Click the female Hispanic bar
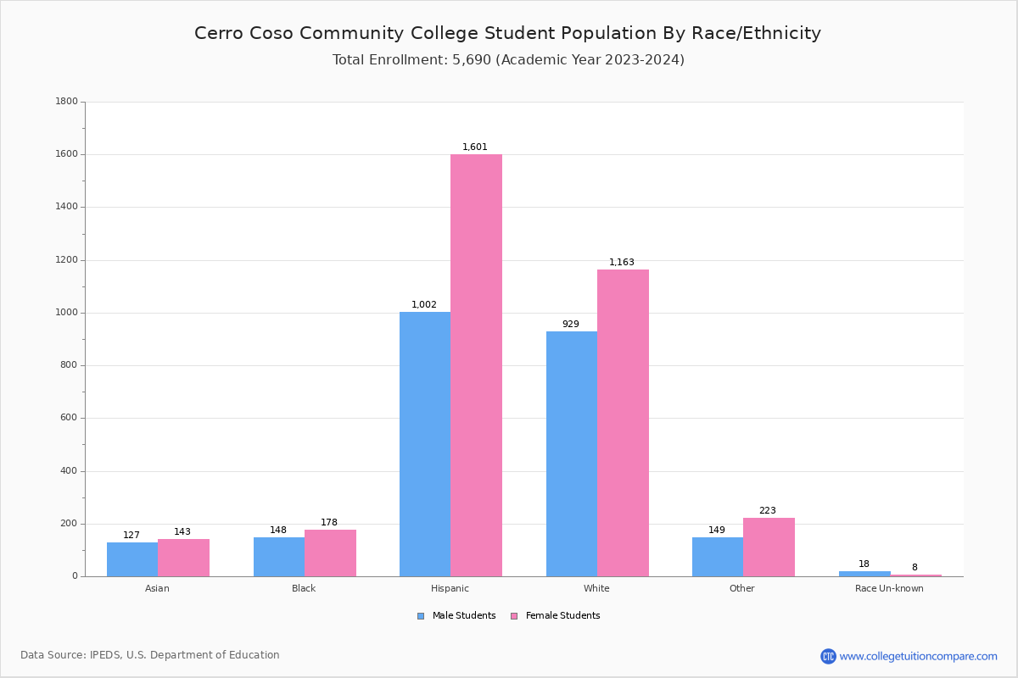point(476,364)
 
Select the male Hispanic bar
point(425,444)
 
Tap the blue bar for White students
point(572,453)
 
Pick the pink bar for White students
point(623,423)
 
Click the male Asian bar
point(132,559)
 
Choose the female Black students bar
point(330,553)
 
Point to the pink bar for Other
point(769,547)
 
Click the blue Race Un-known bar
point(864,574)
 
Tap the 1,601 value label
point(475,147)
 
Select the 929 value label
point(571,325)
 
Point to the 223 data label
point(768,511)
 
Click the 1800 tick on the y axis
point(66,102)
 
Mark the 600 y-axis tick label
point(69,418)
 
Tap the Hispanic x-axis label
point(450,588)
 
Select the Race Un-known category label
point(889,588)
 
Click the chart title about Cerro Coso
point(507,33)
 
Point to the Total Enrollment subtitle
point(508,60)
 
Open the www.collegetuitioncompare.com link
point(918,656)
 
